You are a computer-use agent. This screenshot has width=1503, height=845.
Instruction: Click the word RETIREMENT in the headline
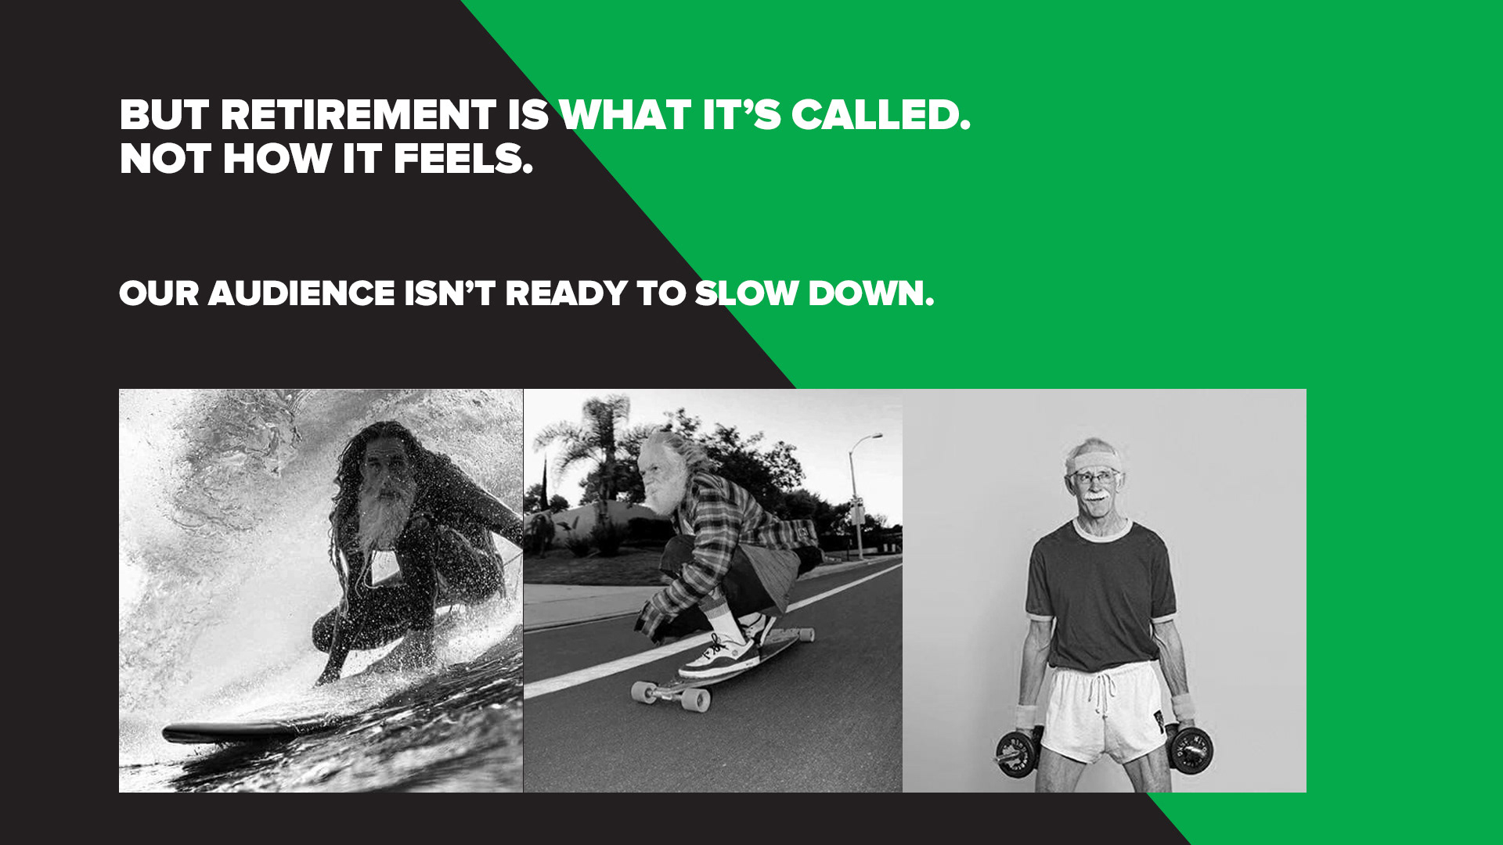[x=358, y=115]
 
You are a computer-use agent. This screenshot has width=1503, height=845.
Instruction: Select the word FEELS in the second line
[x=463, y=159]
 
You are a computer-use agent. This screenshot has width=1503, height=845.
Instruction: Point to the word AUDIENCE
[x=301, y=293]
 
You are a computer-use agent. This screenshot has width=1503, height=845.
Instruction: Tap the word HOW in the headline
[x=277, y=159]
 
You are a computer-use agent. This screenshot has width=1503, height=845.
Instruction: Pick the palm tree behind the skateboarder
[x=583, y=446]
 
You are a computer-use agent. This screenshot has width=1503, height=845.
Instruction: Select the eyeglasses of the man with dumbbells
[x=1095, y=476]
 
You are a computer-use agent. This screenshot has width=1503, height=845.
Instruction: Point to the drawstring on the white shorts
[x=1103, y=692]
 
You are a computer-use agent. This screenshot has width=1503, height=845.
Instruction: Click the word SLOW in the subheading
[x=748, y=293]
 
